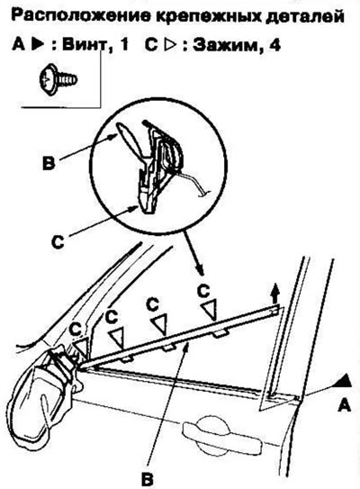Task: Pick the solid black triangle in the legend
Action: pos(37,45)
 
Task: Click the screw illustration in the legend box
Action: pos(58,78)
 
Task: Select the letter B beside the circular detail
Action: pos(49,163)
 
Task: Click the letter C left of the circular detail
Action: pos(58,241)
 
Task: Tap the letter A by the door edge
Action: pos(344,405)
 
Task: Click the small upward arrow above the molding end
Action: pos(274,295)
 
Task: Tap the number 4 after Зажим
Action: pos(274,45)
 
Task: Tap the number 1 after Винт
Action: pos(123,45)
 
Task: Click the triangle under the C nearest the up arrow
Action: pos(210,310)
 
